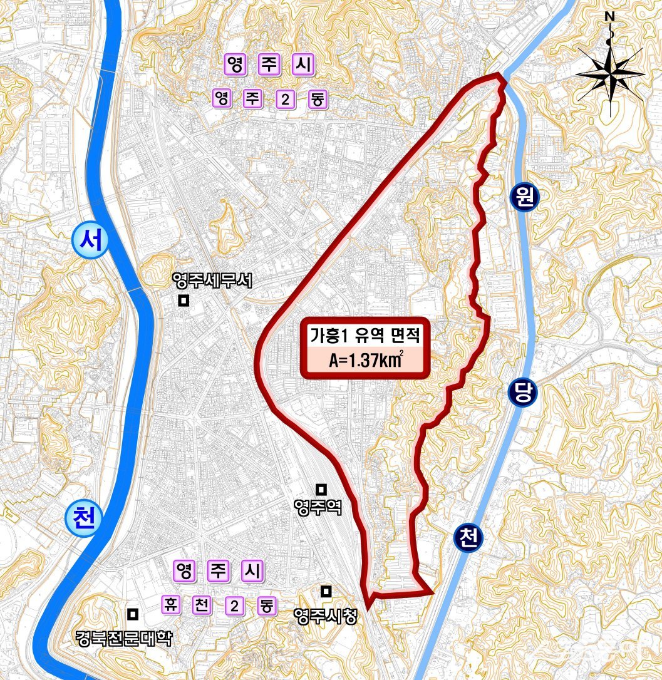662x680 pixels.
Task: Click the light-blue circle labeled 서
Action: (90, 241)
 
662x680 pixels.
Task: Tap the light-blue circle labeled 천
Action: (83, 520)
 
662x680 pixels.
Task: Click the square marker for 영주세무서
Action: (184, 301)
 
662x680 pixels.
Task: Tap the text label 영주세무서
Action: (212, 282)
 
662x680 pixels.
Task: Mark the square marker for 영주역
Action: (321, 488)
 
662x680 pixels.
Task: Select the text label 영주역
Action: (318, 507)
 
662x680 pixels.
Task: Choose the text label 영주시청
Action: (324, 616)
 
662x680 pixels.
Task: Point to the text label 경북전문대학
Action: (123, 638)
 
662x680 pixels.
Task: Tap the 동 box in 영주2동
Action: (318, 98)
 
